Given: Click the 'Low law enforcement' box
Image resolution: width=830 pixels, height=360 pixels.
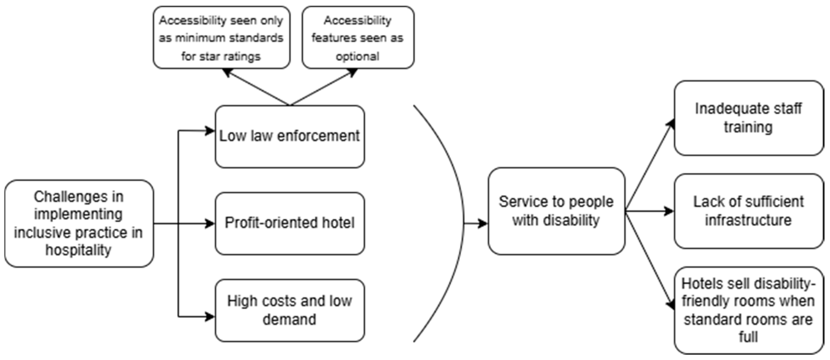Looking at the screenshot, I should pos(290,137).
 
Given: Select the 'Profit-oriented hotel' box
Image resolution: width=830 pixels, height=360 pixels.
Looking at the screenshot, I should pos(290,223).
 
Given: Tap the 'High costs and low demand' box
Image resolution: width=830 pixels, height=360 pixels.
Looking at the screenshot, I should pos(290,310).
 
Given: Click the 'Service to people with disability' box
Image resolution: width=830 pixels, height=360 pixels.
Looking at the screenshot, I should pos(556,211).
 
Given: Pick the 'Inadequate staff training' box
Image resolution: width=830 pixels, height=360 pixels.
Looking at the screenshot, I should pos(748,118).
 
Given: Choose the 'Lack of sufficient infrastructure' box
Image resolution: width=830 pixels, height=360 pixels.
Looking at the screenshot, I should pos(748,211).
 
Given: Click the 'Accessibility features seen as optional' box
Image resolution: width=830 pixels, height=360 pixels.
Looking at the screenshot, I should pos(358,38).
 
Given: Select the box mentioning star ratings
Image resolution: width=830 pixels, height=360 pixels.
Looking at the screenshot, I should pos(221,38).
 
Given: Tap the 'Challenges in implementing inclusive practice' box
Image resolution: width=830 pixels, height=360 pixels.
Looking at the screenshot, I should pos(79,223).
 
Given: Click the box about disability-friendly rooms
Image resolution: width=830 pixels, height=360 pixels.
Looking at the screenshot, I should pos(748,310).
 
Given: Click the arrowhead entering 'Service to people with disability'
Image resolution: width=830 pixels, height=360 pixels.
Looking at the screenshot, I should pos(483,223).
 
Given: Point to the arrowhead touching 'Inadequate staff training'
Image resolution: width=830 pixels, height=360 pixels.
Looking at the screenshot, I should pos(671,124).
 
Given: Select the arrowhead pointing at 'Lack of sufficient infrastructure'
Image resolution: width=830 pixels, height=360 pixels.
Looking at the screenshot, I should pos(670,211).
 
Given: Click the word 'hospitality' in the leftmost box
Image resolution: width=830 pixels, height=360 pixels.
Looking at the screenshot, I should pos(79,250).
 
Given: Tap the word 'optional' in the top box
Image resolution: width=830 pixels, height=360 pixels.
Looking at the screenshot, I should pos(358,56).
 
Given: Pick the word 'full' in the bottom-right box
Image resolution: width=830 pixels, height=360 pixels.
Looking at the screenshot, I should pos(748,337).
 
